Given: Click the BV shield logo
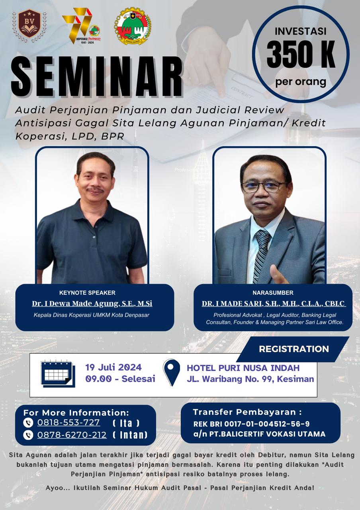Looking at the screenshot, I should click(x=29, y=26).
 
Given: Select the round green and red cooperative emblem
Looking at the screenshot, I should click(x=133, y=26).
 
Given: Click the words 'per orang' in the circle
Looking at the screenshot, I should click(x=301, y=82).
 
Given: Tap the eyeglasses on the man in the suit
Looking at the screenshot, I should click(x=263, y=186).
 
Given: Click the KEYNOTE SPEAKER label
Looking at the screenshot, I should click(x=87, y=292).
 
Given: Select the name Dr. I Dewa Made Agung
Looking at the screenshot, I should click(x=92, y=304).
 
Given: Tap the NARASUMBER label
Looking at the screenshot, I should click(x=273, y=292).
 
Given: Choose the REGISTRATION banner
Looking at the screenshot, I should click(x=294, y=349).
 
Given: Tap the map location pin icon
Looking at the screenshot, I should click(x=172, y=372).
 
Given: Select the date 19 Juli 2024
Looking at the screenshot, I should click(x=113, y=367).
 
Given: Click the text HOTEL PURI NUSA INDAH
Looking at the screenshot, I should click(x=243, y=368).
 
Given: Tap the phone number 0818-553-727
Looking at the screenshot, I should click(x=68, y=422).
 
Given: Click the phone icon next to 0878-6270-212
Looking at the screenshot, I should click(x=28, y=435).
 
